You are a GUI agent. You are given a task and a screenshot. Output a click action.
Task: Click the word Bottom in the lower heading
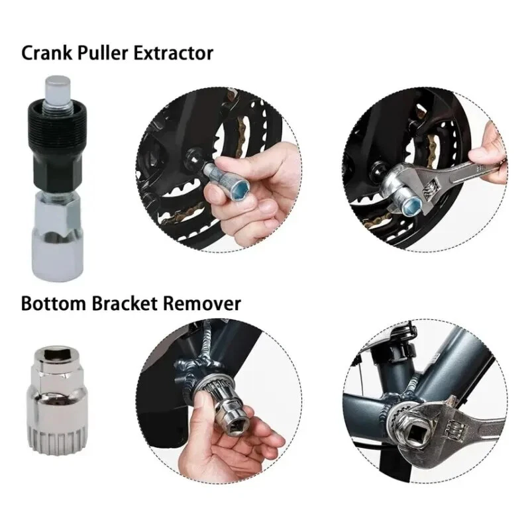point(54,303)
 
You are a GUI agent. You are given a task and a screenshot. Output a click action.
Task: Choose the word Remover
point(202,303)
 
